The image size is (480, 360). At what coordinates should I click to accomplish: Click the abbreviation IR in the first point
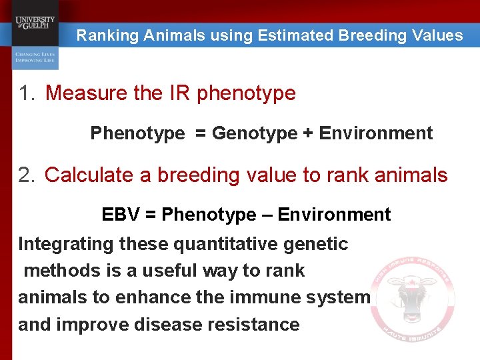(x=179, y=93)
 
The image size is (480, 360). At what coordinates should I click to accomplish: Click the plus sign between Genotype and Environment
(x=307, y=133)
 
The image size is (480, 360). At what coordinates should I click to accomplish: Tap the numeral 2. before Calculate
(x=27, y=175)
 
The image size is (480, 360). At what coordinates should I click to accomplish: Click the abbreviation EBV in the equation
(x=119, y=215)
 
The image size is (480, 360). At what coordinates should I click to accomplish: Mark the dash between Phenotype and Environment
(x=266, y=215)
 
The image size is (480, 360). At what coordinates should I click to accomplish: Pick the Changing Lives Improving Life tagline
(x=35, y=57)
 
